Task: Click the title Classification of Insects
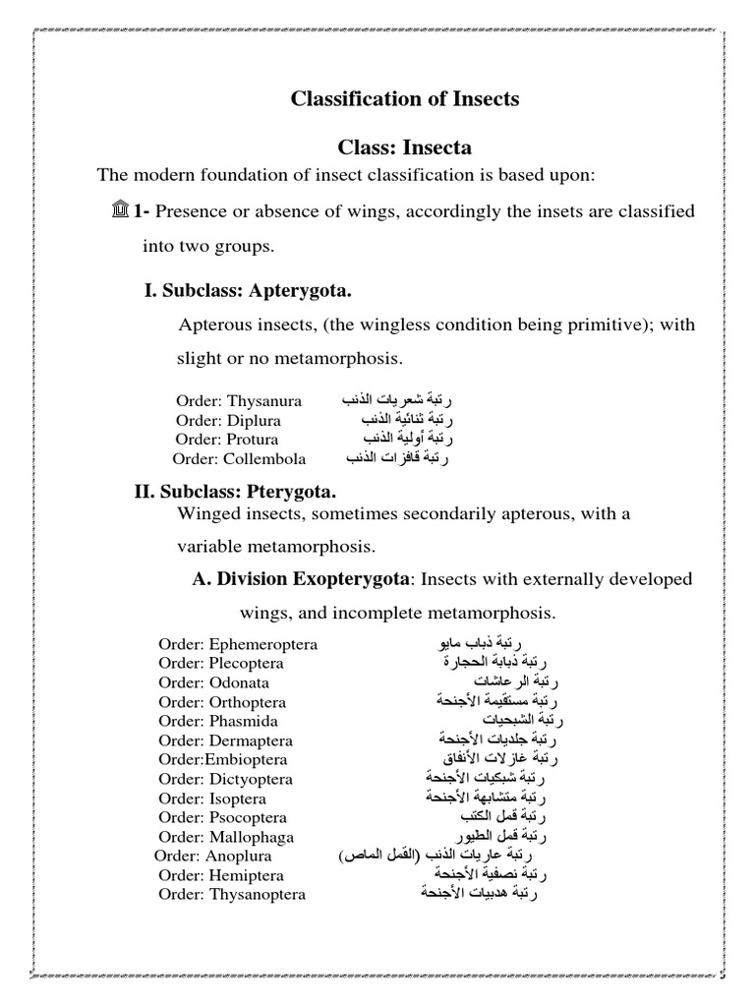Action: tap(404, 99)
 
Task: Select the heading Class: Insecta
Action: tap(405, 148)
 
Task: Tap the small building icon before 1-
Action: tap(120, 211)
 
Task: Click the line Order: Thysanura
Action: tap(239, 401)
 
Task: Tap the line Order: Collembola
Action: tap(240, 458)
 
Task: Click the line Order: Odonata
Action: tap(213, 682)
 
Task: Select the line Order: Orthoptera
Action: tap(222, 702)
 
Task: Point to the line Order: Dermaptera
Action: tap(225, 740)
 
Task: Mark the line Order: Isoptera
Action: tap(216, 798)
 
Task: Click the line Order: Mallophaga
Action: tap(222, 836)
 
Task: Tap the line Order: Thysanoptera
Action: tap(232, 894)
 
